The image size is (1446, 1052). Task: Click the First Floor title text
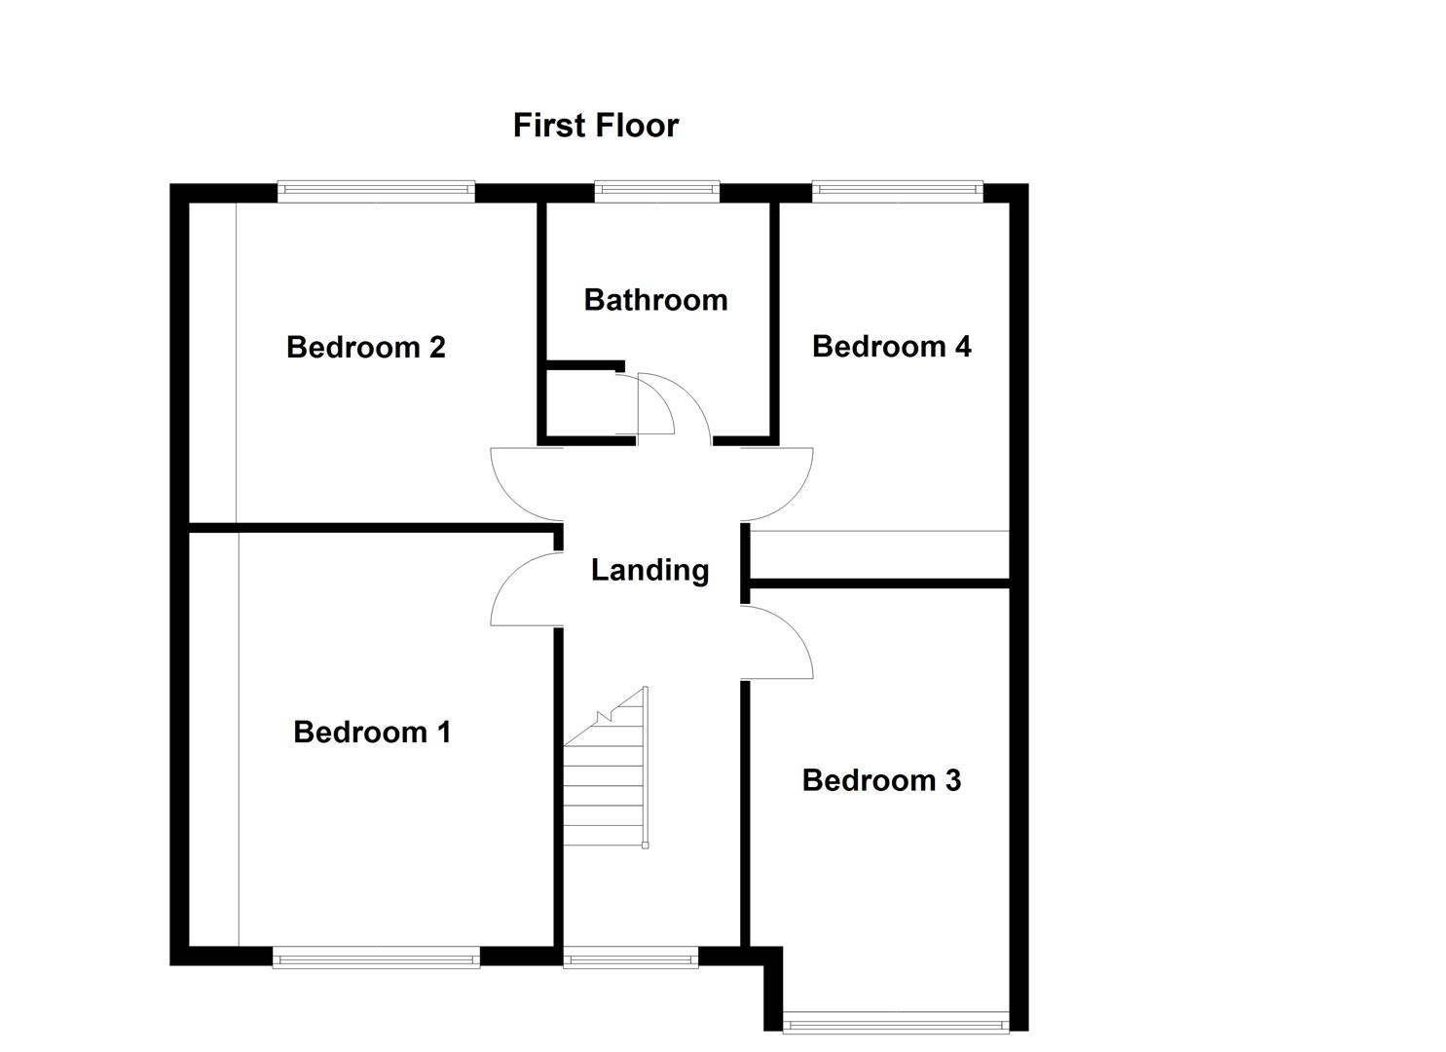coord(595,126)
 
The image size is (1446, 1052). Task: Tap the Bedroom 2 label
coord(365,347)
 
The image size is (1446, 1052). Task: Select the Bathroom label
coord(655,300)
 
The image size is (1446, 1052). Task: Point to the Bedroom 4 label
coord(891,347)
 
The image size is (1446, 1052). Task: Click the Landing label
coord(649,570)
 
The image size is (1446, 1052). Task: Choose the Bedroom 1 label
coord(372,732)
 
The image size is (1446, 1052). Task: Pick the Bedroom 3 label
coord(881,780)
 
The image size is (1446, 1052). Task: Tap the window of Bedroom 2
coord(376,191)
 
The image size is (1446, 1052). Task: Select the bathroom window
coord(656,191)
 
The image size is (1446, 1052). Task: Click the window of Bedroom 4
coord(897,191)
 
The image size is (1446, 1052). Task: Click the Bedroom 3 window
coord(895,1023)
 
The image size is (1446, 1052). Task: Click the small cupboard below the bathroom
coord(581,402)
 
